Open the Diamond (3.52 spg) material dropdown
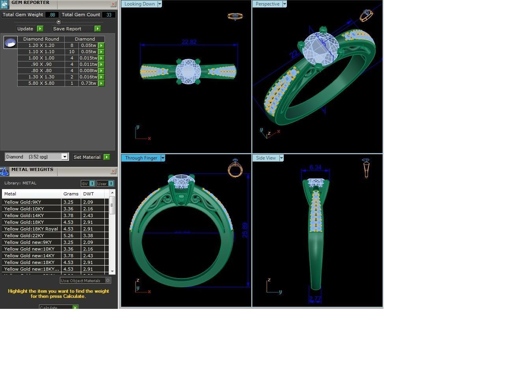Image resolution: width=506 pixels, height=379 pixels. [65, 157]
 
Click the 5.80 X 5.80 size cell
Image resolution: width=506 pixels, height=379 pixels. [41, 83]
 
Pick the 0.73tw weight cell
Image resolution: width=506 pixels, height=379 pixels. [88, 83]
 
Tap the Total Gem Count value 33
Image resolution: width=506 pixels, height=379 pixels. [109, 15]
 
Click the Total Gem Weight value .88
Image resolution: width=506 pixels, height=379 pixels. [52, 15]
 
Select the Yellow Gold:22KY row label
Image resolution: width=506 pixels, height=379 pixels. [24, 236]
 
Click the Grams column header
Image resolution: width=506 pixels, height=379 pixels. [71, 194]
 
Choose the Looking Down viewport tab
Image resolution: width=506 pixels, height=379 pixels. [140, 4]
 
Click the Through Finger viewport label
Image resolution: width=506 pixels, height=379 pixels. [141, 158]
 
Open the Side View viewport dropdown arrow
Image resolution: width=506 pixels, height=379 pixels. [281, 158]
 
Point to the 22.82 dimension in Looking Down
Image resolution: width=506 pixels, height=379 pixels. [189, 42]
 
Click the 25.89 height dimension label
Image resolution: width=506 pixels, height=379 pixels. [245, 230]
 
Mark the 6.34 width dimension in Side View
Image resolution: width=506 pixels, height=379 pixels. [315, 167]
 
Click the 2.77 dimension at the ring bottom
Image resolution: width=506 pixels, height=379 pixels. [315, 299]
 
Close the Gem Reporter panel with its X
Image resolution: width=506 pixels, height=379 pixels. [113, 4]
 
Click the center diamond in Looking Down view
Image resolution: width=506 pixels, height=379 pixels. [188, 72]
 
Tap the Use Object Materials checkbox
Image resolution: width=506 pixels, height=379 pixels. [108, 281]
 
